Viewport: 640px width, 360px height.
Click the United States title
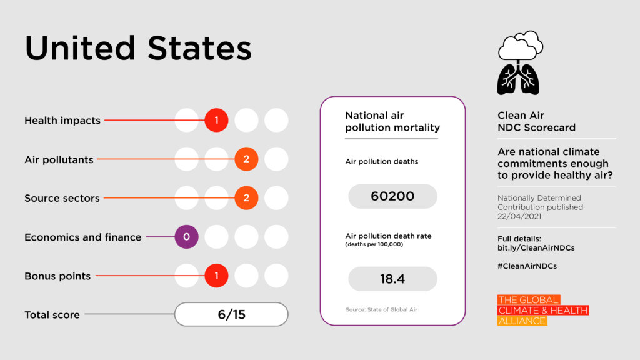tap(138, 48)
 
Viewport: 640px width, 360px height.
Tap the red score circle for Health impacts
tap(216, 120)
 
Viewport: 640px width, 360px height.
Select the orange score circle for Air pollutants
tap(246, 159)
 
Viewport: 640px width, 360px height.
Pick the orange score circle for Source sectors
tap(246, 198)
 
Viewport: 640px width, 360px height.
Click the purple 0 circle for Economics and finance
tap(186, 237)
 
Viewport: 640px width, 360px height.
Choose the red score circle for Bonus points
tap(216, 276)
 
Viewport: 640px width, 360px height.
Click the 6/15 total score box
tap(231, 314)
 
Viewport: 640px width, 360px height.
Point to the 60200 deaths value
tap(392, 196)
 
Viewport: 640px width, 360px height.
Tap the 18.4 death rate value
tap(392, 279)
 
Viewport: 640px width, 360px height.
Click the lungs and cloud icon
tap(519, 62)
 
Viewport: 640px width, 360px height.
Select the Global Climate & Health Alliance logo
tap(542, 311)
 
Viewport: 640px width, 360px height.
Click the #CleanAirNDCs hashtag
tap(527, 266)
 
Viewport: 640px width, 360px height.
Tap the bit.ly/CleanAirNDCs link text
tap(536, 248)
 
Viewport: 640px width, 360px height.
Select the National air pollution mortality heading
tap(392, 121)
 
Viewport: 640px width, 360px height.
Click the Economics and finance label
tap(82, 237)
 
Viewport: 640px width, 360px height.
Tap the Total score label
tap(52, 315)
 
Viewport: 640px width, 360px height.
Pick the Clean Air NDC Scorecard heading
tap(536, 121)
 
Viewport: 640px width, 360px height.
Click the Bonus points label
tap(57, 276)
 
